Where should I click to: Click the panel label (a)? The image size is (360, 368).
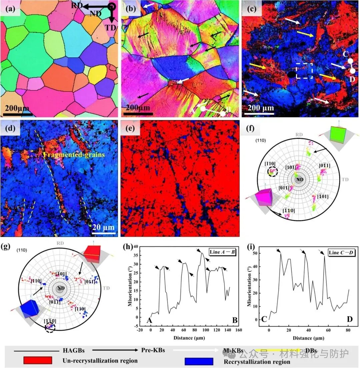point(10,9)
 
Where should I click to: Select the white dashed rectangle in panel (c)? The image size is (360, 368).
point(304,71)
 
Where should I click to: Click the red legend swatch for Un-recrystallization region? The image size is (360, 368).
point(38,361)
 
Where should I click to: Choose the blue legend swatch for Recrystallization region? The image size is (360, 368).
point(199,361)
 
